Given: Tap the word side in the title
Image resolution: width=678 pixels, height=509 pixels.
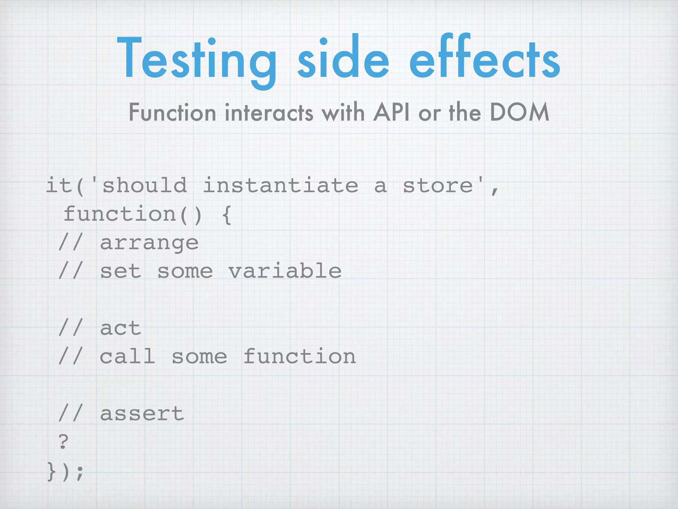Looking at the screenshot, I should (x=343, y=60).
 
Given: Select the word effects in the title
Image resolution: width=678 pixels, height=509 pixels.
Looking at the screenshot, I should (x=485, y=60).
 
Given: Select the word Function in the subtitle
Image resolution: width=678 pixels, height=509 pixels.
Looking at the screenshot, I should (x=172, y=113).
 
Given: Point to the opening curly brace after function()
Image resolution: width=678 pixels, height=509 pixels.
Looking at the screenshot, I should (x=227, y=215).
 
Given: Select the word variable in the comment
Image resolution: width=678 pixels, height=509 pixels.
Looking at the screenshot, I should (x=285, y=271).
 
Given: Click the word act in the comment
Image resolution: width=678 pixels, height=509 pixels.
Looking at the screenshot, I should (x=121, y=328).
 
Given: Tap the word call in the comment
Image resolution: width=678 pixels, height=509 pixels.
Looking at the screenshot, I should (x=127, y=357).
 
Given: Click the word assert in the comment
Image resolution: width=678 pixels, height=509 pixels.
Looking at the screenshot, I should (x=142, y=414).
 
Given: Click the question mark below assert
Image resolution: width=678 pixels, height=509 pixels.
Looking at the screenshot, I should (x=63, y=441).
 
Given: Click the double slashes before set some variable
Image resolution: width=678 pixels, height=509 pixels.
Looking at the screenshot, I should (x=70, y=271).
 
